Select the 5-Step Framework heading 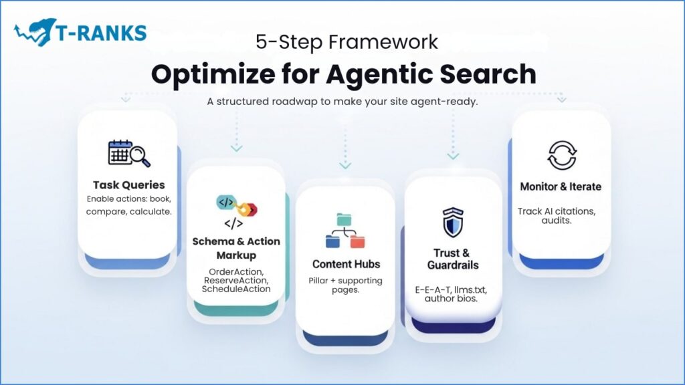(x=347, y=42)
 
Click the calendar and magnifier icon (x=128, y=154)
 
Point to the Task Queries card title (x=128, y=185)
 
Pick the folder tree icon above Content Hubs (x=345, y=231)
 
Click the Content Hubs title (x=345, y=263)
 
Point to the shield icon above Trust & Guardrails (x=453, y=222)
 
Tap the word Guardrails (x=453, y=265)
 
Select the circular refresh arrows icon (x=561, y=155)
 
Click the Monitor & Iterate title (x=561, y=186)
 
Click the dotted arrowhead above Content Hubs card (x=345, y=165)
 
